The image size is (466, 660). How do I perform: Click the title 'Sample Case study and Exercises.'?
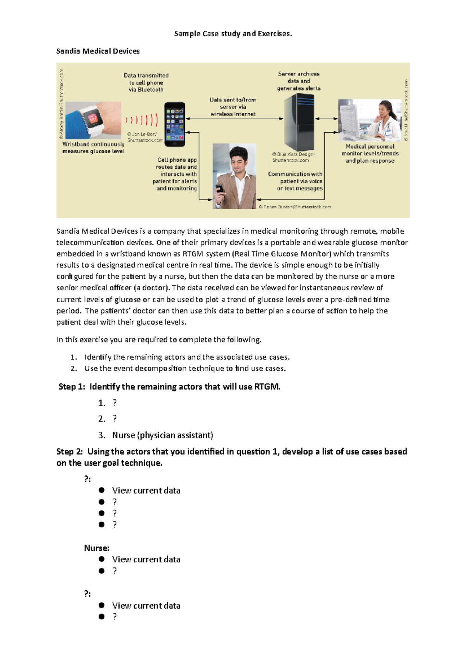pos(233,34)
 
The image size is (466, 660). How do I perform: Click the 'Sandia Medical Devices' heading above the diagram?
pos(98,51)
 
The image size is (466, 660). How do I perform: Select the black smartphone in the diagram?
pos(174,124)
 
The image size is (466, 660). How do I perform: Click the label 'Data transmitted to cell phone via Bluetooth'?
pos(146,82)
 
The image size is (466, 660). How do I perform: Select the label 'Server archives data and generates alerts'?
pos(299,81)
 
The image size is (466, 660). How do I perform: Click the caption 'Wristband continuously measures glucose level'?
pos(93,148)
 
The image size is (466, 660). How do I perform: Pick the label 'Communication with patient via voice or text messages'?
pos(296,181)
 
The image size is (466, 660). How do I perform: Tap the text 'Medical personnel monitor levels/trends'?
pos(370,150)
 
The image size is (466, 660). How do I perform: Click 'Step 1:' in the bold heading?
pos(71,387)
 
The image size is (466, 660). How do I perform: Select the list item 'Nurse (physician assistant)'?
pos(162,435)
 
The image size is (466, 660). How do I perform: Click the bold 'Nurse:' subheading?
pos(96,548)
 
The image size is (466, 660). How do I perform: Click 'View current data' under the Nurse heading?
pos(146,559)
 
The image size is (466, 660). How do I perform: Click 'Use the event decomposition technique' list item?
pos(185,368)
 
